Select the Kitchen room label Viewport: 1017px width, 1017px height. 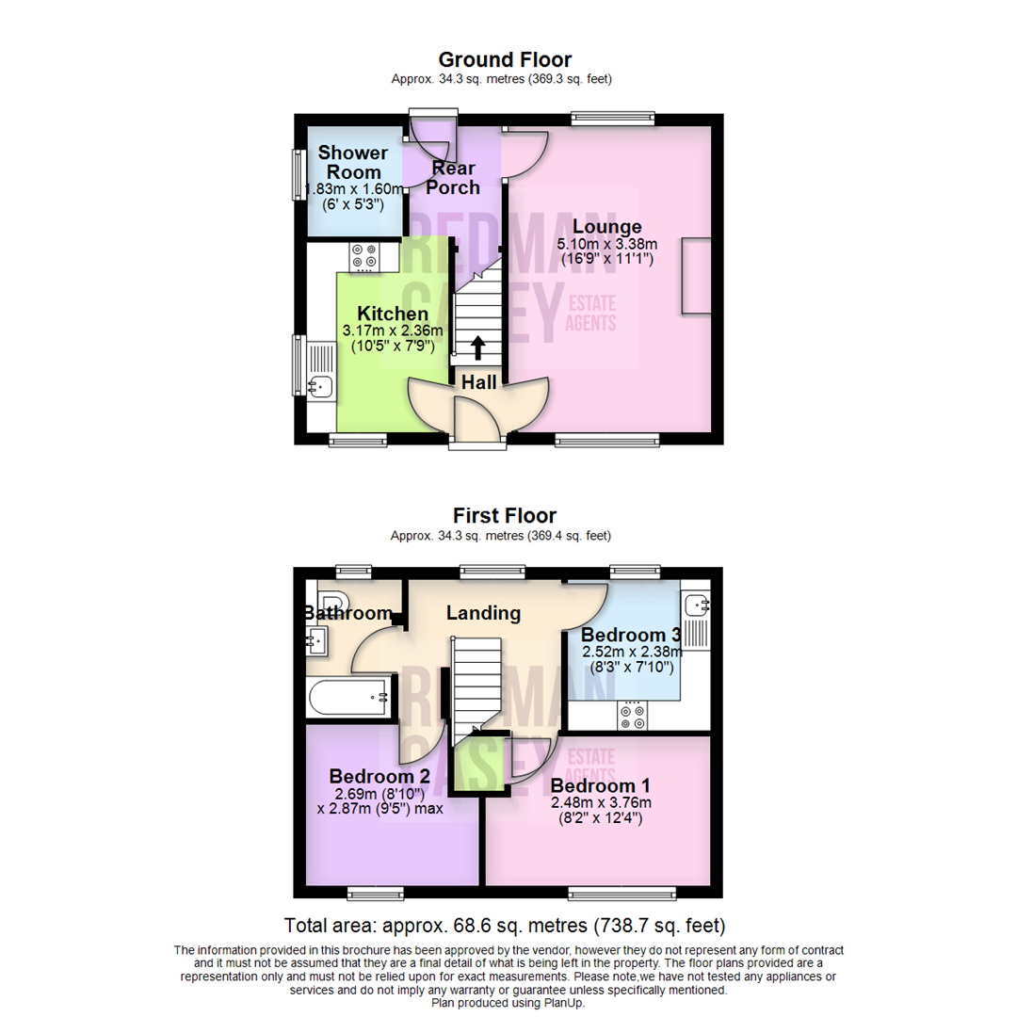(x=393, y=313)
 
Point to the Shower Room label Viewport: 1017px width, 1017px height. (x=352, y=162)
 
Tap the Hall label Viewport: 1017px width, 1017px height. (x=478, y=381)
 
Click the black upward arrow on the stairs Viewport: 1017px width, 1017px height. (x=477, y=347)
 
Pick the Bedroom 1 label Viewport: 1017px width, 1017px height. (x=600, y=785)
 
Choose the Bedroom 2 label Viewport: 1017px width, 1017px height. (x=379, y=776)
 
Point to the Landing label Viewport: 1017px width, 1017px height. (x=483, y=613)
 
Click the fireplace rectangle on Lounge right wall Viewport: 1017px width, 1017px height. (x=697, y=275)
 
